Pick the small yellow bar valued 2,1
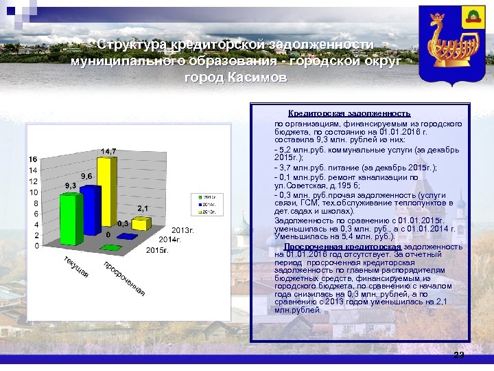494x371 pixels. pos(141,223)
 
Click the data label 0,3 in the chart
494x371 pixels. pos(123,224)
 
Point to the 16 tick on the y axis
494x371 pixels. pos(32,159)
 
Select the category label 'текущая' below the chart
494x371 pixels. pos(76,267)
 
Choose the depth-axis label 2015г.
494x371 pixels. pos(156,250)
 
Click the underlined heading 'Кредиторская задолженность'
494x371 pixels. pos(349,113)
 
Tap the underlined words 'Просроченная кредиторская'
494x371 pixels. pos(342,246)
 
